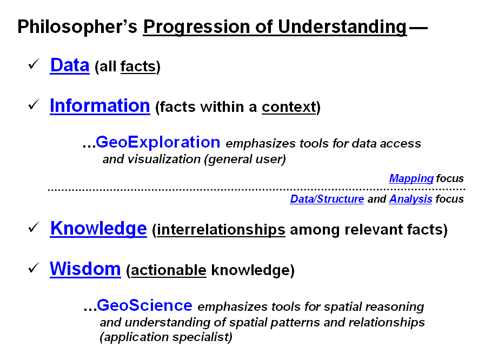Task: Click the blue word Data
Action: tap(70, 65)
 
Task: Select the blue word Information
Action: tap(100, 105)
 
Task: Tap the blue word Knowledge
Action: tap(98, 229)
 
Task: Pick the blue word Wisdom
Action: tap(85, 269)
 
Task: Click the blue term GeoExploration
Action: tap(158, 143)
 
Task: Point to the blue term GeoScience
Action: tap(144, 305)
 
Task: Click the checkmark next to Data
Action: tap(34, 64)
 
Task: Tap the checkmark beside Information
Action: tap(34, 104)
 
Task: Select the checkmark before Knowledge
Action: tap(34, 227)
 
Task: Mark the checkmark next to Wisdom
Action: tap(34, 268)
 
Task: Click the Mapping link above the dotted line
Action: tap(411, 178)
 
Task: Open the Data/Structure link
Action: tap(327, 199)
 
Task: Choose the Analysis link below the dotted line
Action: tap(410, 199)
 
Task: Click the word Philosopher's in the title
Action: tap(77, 26)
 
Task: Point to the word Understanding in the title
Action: tap(342, 26)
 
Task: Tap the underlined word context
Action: tap(289, 107)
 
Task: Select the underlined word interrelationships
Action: tap(221, 230)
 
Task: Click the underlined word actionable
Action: tap(169, 270)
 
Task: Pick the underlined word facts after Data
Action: tap(138, 66)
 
